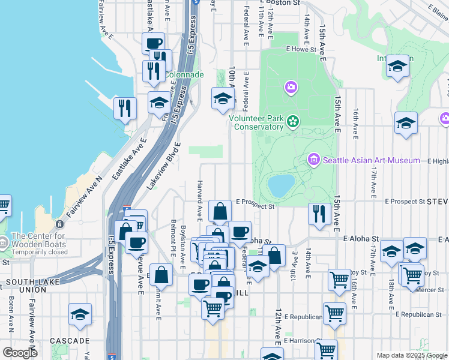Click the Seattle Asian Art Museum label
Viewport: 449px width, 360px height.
pos(371,160)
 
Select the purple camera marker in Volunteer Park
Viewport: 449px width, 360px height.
pos(291,88)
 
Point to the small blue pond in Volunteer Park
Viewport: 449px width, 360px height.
pos(280,185)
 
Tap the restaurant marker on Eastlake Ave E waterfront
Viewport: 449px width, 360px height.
pos(125,109)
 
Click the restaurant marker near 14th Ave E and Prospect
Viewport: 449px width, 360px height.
pos(319,214)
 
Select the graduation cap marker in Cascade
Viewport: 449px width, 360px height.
pos(80,315)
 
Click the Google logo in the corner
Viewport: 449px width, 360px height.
pos(20,353)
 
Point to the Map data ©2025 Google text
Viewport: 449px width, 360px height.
pos(412,355)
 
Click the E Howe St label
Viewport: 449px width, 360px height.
pos(301,49)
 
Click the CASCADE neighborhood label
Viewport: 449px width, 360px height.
pos(70,341)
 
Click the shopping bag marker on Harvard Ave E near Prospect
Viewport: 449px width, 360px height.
pos(220,211)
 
